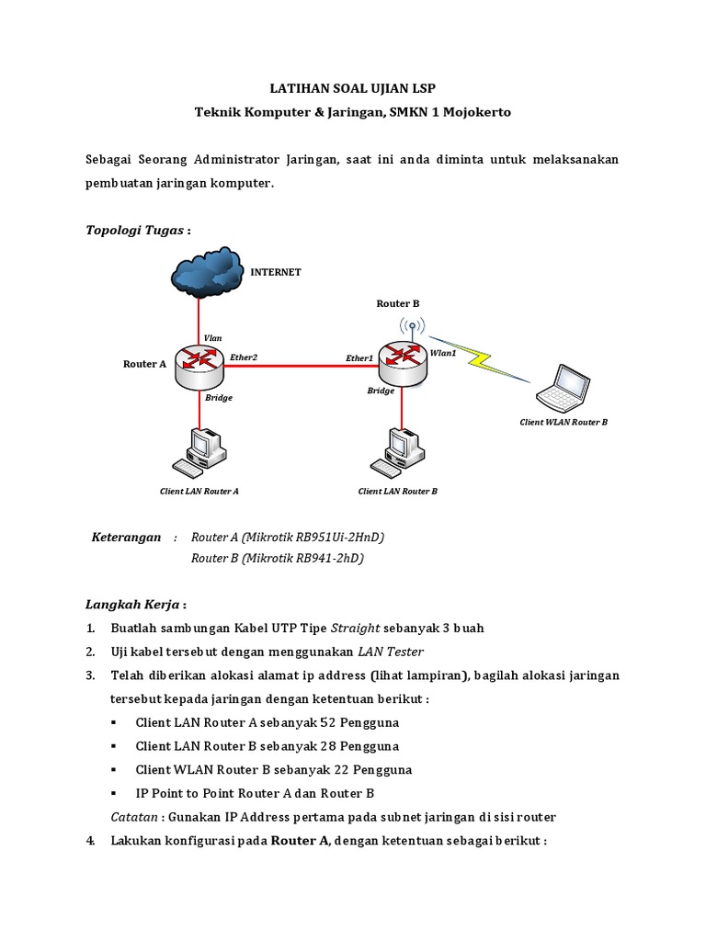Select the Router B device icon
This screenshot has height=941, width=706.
coord(403,361)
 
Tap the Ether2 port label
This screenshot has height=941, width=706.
coord(244,357)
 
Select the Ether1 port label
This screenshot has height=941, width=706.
coord(359,357)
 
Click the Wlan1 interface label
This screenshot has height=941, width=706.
coord(443,353)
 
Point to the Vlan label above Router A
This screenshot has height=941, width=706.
coord(212,338)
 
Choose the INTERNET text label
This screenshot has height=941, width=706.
coord(277,272)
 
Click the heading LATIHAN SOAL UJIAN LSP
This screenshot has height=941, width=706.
coord(352,88)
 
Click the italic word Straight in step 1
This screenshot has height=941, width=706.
coord(354,628)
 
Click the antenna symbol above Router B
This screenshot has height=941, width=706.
coord(412,325)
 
